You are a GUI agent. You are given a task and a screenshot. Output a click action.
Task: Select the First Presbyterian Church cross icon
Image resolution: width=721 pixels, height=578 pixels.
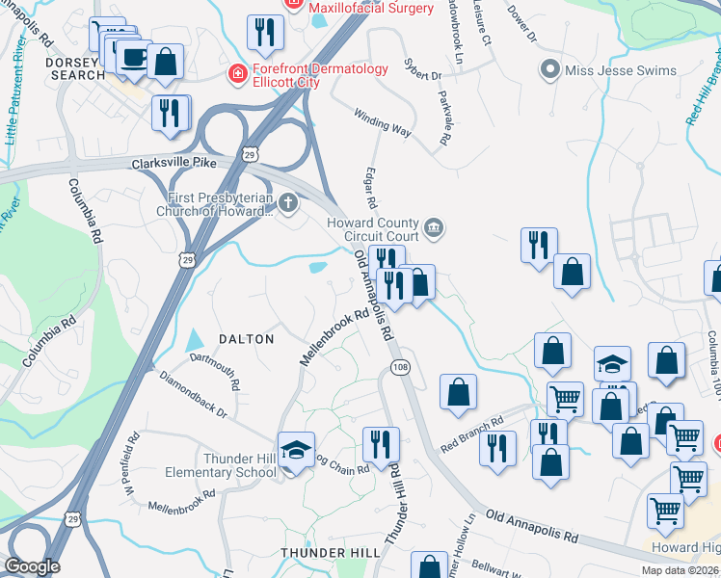point(287,203)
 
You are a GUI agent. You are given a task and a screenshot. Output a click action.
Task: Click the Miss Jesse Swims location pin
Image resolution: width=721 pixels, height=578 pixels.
point(550,68)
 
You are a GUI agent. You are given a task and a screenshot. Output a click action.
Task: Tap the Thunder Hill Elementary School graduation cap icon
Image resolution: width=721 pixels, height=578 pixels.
point(297,449)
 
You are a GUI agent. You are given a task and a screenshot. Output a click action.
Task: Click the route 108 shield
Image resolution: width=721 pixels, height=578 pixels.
point(401,368)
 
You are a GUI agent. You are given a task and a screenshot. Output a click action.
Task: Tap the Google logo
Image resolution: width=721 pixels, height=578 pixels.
point(33,566)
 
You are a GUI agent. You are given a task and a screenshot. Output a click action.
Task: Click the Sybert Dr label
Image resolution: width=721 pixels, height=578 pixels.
point(421,73)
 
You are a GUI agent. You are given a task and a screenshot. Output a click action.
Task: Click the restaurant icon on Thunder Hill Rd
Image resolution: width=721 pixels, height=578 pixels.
point(381,444)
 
